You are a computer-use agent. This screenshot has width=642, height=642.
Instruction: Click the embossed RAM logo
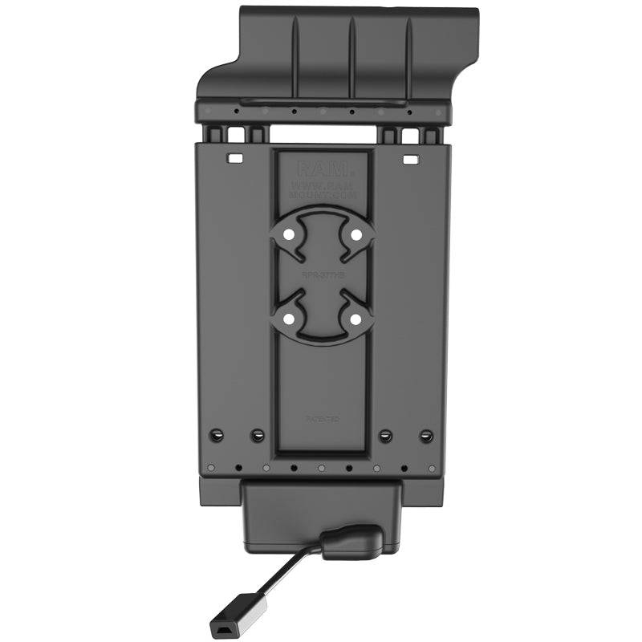(x=323, y=169)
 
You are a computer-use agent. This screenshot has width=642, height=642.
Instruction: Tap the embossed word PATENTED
(x=323, y=419)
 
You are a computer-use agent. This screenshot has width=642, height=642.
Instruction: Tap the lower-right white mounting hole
(x=355, y=319)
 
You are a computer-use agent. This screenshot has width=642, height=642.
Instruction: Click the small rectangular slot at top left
(x=235, y=160)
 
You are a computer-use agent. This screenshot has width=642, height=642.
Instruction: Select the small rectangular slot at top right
(x=410, y=160)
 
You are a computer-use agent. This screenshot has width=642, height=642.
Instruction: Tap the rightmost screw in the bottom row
(x=427, y=436)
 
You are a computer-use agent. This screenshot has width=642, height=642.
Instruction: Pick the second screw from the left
(x=257, y=436)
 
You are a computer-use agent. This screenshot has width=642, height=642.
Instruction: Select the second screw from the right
(x=386, y=436)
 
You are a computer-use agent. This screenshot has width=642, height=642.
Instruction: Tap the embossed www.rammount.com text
(x=323, y=191)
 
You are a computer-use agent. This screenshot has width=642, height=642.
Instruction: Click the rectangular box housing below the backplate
(x=321, y=514)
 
